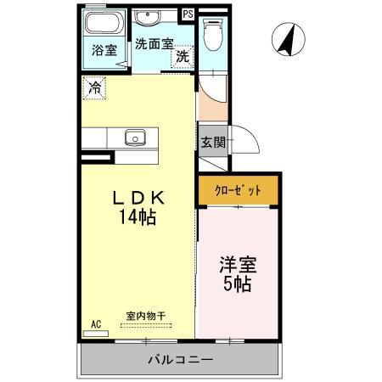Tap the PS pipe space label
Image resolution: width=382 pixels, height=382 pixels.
point(188,14)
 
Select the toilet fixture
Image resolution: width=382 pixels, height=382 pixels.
point(211,36)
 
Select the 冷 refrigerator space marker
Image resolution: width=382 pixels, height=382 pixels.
point(95,87)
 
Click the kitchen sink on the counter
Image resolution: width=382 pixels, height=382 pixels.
point(135,136)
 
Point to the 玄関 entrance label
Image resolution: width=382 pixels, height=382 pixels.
point(213,142)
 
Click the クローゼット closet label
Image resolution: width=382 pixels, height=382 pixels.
point(238,190)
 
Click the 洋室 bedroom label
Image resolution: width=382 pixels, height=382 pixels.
point(237,264)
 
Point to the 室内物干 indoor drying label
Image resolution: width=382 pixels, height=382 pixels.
point(146,316)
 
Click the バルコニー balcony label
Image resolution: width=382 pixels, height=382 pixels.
point(179,359)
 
